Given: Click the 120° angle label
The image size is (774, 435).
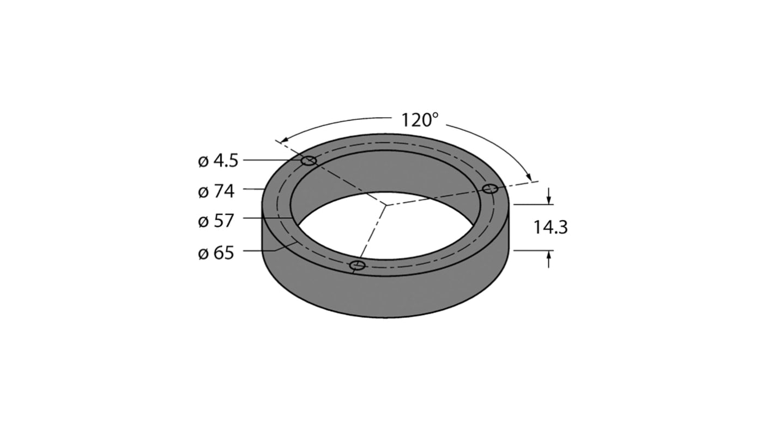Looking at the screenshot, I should [420, 120].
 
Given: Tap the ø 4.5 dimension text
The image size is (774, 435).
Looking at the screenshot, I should [218, 161].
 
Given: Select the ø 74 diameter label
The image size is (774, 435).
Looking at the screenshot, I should [216, 191].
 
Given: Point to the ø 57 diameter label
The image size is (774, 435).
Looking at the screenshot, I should [216, 221].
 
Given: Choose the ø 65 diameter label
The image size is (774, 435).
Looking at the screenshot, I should [216, 253].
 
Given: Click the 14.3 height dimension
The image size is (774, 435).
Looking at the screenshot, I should [551, 227].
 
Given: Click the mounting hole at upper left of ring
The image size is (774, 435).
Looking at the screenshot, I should [309, 160].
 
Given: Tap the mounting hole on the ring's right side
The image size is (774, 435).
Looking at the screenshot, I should [491, 189].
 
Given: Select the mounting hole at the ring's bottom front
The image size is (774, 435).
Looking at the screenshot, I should [357, 265].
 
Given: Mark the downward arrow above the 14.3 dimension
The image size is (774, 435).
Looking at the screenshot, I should [548, 197].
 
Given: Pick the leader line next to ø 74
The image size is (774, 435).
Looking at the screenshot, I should [253, 189].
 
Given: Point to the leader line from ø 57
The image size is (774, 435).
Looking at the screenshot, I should [267, 218].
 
